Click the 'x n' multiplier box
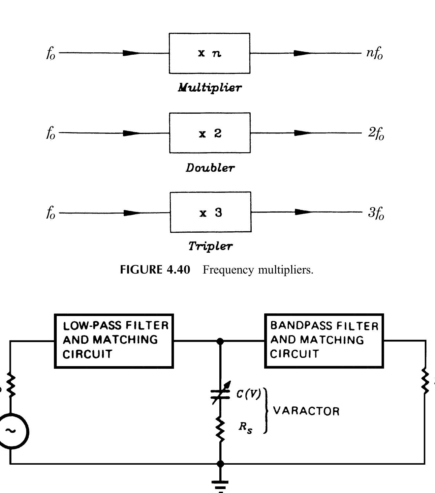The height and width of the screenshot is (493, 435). (x=209, y=53)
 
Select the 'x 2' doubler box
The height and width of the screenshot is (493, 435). (x=210, y=133)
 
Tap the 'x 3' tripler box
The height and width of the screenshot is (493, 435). (x=210, y=212)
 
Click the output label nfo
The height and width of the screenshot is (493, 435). (x=374, y=53)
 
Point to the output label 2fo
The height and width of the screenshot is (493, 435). (x=376, y=133)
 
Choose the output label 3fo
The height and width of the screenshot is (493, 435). (x=376, y=213)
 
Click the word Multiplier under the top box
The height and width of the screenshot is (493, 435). (x=210, y=88)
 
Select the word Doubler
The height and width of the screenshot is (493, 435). (x=210, y=168)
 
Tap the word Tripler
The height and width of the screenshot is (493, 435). (x=210, y=246)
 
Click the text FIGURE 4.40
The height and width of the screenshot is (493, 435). (x=155, y=270)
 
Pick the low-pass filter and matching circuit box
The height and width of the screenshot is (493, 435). (x=114, y=341)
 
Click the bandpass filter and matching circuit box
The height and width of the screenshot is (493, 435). (x=324, y=341)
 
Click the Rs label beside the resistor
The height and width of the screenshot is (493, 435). (x=245, y=427)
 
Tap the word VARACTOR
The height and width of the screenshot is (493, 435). (x=306, y=411)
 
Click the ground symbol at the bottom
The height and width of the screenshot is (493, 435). (x=220, y=484)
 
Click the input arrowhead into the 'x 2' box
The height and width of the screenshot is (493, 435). (x=132, y=133)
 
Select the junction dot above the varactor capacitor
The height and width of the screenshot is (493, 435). (x=220, y=341)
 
